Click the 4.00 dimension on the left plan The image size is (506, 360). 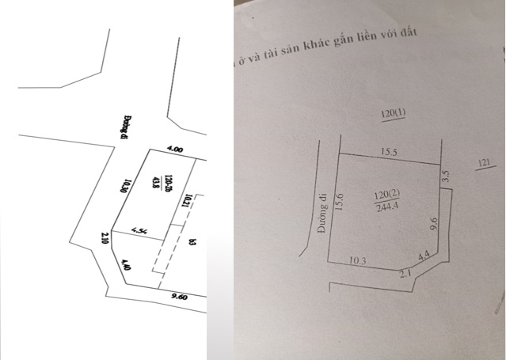pos(174,149)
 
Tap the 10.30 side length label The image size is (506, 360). pos(124,187)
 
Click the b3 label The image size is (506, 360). pos(192,242)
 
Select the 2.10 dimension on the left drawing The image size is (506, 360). pos(105,240)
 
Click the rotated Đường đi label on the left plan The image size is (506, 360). pos(126,124)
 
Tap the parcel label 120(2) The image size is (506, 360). pos(387,192)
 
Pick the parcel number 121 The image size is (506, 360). pos(486,164)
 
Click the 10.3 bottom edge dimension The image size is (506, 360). pos(359,261)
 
